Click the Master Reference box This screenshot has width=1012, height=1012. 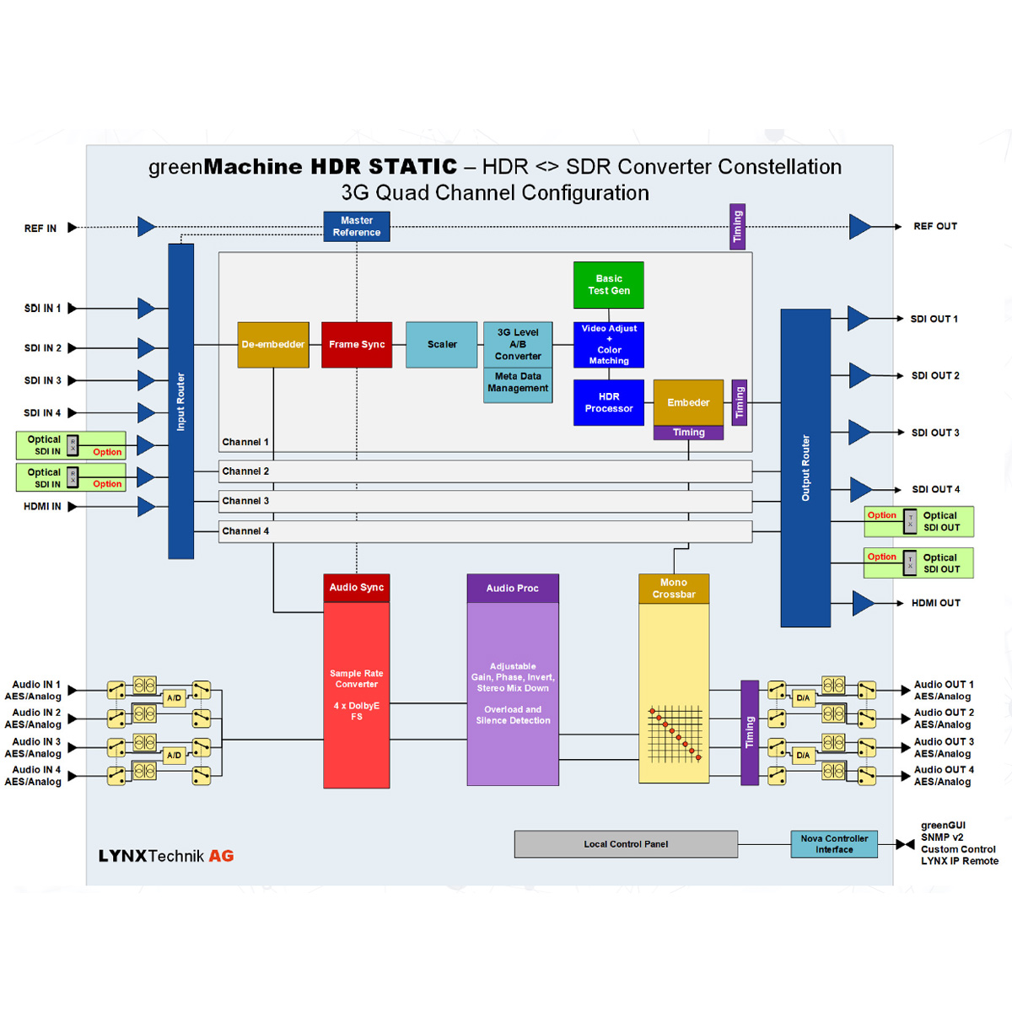(x=356, y=226)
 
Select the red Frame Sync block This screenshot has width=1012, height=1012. (x=357, y=344)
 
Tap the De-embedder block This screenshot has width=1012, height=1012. (x=273, y=344)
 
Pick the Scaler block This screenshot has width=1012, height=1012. (x=442, y=344)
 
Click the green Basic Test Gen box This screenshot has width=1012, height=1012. (x=609, y=285)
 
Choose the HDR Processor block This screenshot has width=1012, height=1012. (x=609, y=402)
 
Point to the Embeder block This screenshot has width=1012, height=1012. (x=688, y=402)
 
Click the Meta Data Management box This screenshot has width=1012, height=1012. (x=518, y=383)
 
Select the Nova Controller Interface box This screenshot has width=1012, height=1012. (x=834, y=844)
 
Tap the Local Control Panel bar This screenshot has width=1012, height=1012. (x=626, y=844)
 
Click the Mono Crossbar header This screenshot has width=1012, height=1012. (x=674, y=589)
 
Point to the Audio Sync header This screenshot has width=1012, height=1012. (x=357, y=588)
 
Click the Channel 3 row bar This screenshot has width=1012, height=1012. (x=485, y=501)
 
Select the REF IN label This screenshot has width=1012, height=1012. (x=40, y=229)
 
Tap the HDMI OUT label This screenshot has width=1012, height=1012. (x=935, y=604)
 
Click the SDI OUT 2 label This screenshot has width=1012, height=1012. (x=935, y=376)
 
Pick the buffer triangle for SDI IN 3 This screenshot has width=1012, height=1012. (x=146, y=380)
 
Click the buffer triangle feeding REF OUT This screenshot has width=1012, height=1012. (x=859, y=227)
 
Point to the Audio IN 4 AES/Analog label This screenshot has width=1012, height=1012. (x=34, y=776)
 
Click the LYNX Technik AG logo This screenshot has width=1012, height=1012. (x=166, y=856)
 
